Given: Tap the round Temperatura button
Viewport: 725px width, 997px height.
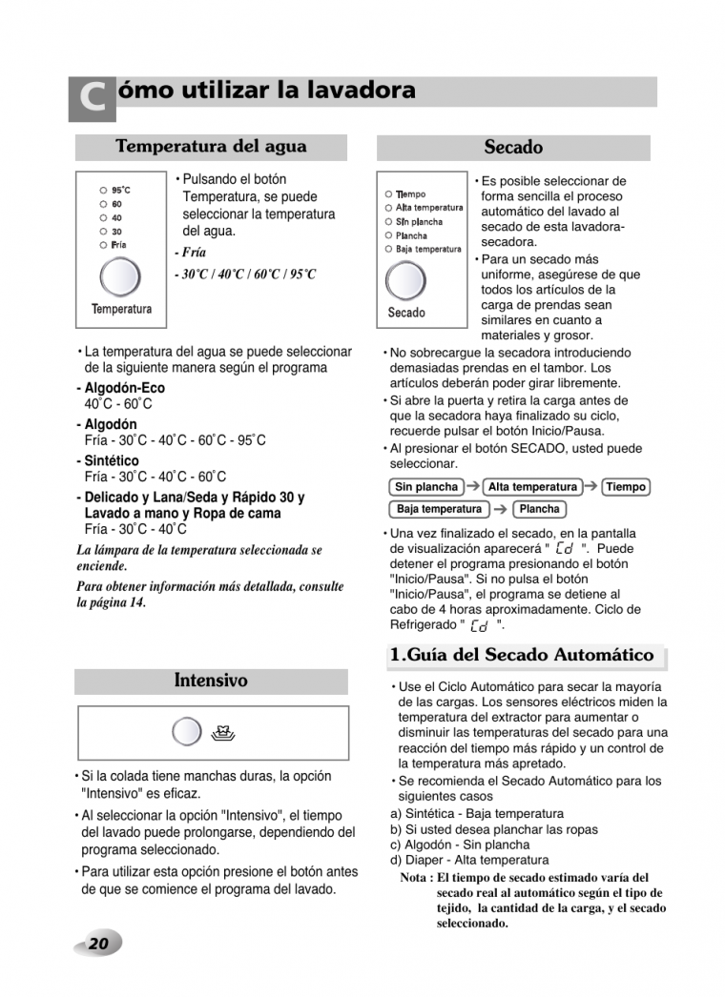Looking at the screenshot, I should click(120, 277).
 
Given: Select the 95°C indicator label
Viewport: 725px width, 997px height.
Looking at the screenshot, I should click(121, 190).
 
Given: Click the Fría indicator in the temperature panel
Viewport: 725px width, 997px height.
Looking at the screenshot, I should click(118, 245).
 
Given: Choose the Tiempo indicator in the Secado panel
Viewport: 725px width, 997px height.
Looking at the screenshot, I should click(411, 194).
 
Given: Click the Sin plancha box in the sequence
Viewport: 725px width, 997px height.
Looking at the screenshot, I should click(426, 487).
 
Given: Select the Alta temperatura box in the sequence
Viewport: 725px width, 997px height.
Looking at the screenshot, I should click(532, 487).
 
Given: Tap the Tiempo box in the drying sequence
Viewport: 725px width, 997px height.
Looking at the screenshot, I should click(626, 487).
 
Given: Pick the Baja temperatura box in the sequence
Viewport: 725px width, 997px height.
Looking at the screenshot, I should click(440, 509).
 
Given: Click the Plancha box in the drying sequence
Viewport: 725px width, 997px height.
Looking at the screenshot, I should click(539, 509).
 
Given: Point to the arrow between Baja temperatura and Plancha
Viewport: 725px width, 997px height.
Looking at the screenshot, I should click(501, 509).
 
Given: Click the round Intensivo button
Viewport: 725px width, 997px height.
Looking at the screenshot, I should click(186, 733).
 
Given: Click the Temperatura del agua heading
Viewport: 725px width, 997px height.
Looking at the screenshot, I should click(211, 147).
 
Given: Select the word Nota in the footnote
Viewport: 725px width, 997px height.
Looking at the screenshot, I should click(416, 878).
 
